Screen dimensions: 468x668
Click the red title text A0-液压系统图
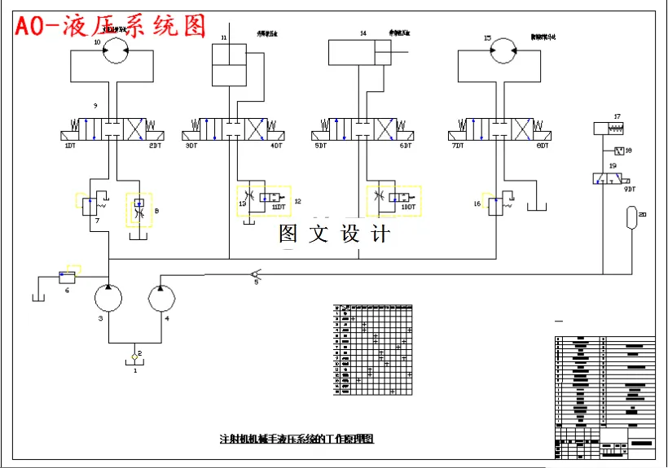pyautogui.click(x=110, y=26)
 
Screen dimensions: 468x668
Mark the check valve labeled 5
pyautogui.click(x=254, y=276)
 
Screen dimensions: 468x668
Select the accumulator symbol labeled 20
pyautogui.click(x=630, y=218)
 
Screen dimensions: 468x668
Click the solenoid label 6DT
pyautogui.click(x=405, y=146)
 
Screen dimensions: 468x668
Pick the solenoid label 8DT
pyautogui.click(x=543, y=146)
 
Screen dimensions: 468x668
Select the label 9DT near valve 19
pyautogui.click(x=630, y=189)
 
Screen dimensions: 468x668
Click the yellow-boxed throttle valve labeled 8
pyautogui.click(x=138, y=209)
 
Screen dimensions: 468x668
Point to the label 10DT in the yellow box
pyautogui.click(x=408, y=207)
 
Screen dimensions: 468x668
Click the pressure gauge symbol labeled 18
pyautogui.click(x=617, y=151)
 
